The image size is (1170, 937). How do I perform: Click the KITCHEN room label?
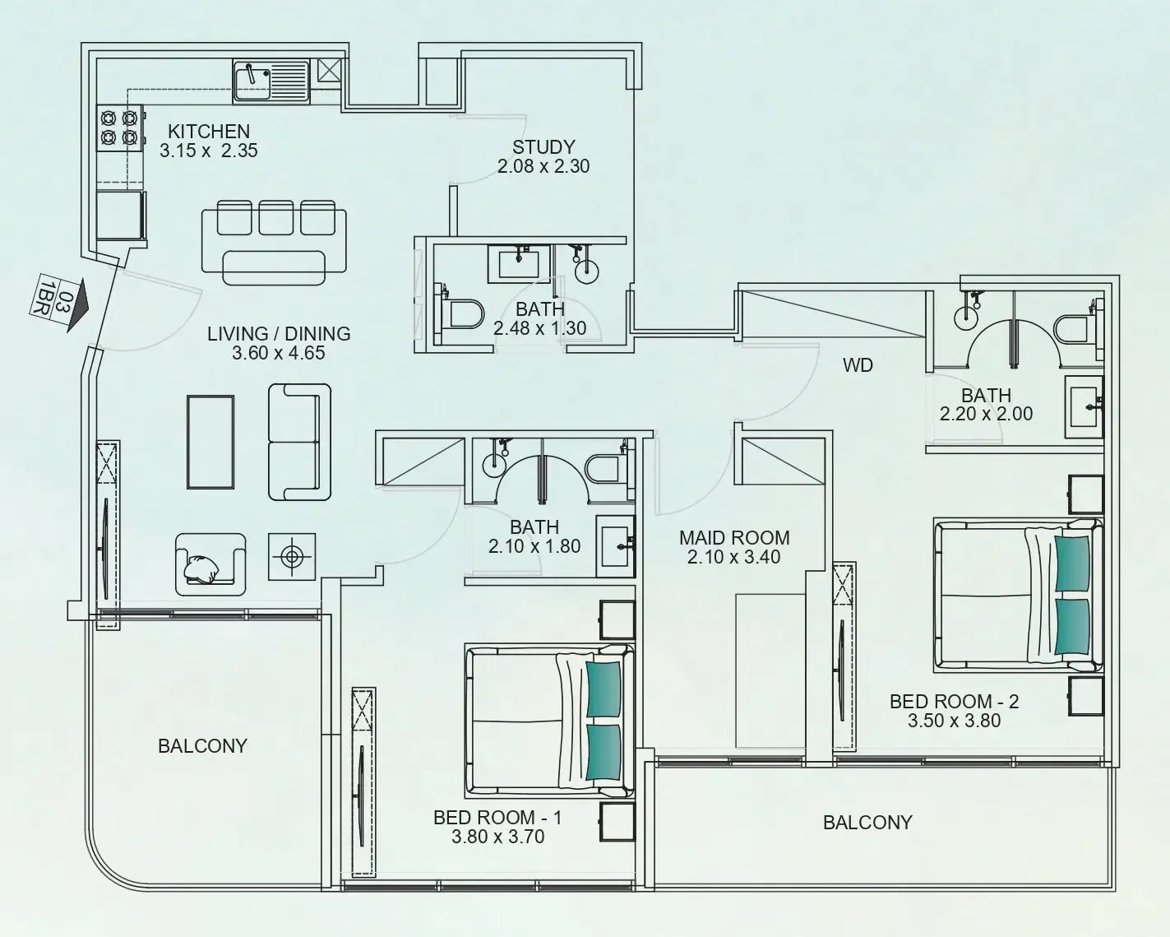(x=209, y=132)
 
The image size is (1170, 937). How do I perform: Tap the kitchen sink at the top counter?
(x=255, y=81)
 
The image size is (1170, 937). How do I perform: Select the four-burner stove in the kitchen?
(x=118, y=128)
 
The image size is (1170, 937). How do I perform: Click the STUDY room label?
(x=543, y=147)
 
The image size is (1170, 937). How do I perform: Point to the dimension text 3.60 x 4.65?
(x=279, y=354)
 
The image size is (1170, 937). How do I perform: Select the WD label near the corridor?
(x=858, y=365)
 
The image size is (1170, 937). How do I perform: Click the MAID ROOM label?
(x=734, y=538)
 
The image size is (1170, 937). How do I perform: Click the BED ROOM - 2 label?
(x=954, y=702)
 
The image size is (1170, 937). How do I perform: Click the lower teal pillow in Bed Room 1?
(x=603, y=752)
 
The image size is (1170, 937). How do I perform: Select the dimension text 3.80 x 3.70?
(x=498, y=837)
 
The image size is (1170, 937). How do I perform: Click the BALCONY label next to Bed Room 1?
(x=202, y=746)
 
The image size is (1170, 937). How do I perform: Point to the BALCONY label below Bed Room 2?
(x=867, y=823)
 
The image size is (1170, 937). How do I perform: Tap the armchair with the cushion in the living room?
(x=210, y=564)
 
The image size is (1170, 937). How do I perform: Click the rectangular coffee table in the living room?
(x=211, y=443)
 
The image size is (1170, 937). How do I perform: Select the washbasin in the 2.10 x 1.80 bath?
(x=615, y=543)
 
